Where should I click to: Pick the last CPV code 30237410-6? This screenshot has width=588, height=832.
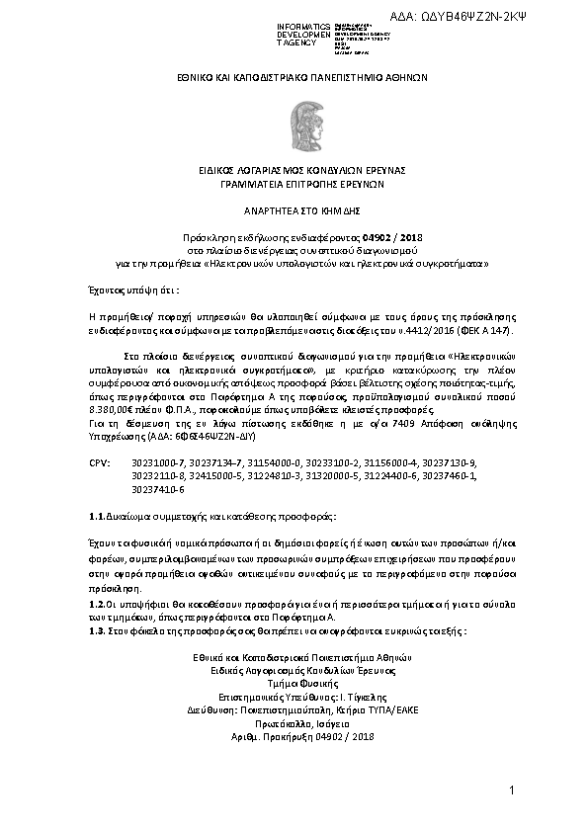click(158, 489)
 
